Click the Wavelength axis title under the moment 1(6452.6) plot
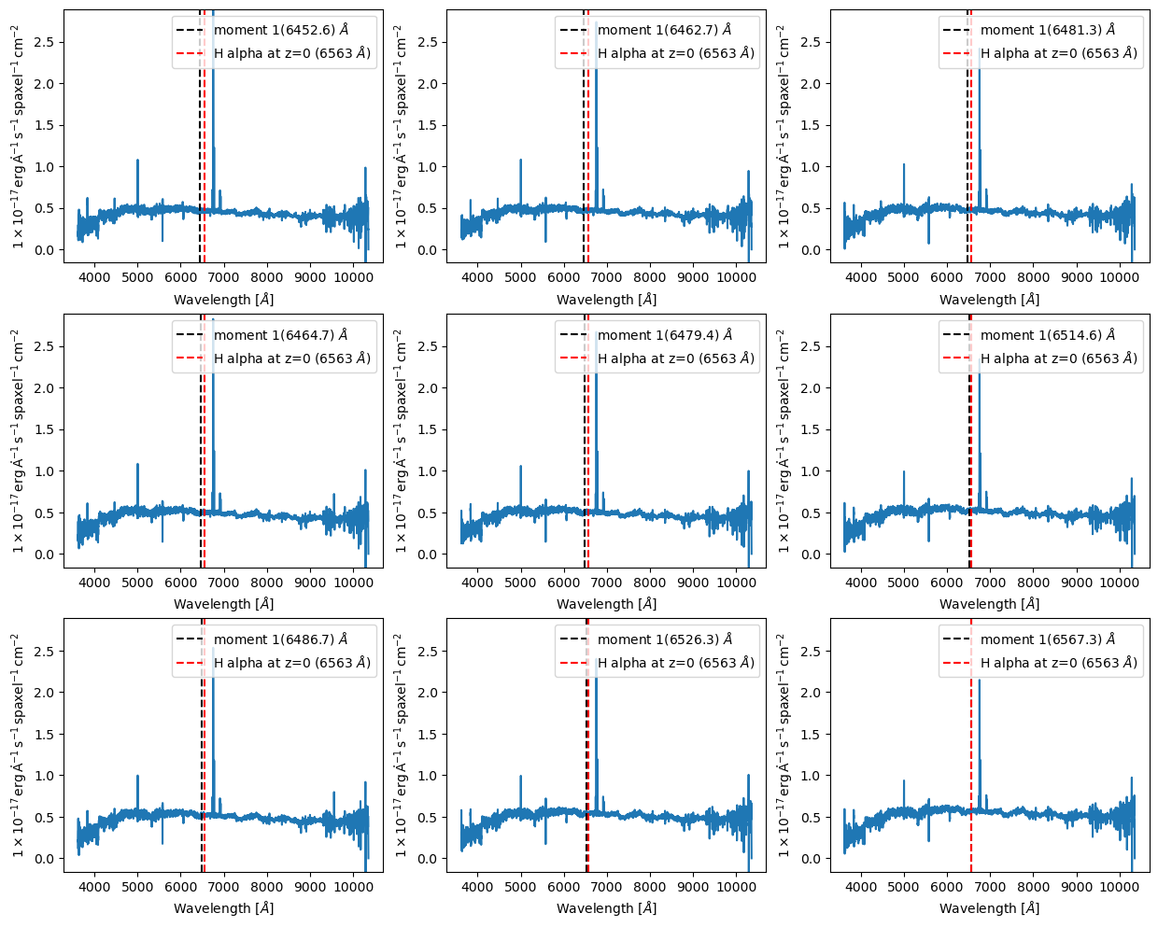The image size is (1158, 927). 223,300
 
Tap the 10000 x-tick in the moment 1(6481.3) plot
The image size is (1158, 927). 1120,277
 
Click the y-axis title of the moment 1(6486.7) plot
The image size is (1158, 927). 19,744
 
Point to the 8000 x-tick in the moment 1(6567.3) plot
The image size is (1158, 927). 1033,887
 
